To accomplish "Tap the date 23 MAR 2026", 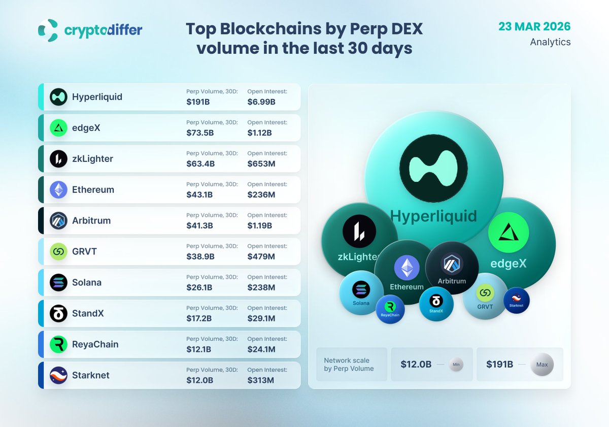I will [534, 26].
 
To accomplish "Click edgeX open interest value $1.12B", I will [259, 133].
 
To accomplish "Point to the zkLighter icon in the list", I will [59, 159].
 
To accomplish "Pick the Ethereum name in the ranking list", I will [93, 190].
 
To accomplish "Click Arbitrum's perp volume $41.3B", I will [200, 225].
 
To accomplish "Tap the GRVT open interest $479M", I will [261, 256].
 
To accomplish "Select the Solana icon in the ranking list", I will [59, 282].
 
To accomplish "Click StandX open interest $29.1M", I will [262, 318].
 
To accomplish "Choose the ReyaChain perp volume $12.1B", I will [198, 349].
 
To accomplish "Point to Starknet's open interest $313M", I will [261, 380].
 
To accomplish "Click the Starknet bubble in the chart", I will [516, 300].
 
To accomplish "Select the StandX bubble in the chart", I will [436, 304].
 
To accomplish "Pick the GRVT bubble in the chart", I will [485, 297].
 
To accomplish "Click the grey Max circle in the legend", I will [542, 365].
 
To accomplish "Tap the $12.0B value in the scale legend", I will [416, 365].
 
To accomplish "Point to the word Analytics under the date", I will [550, 42].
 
